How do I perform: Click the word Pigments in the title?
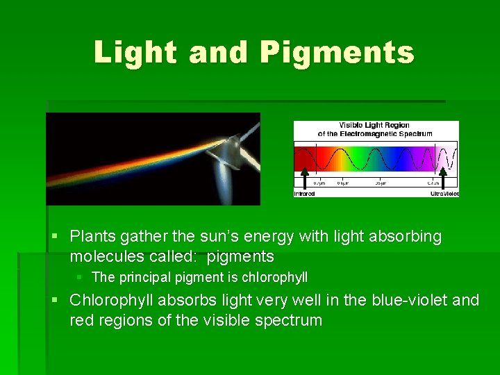coord(337,53)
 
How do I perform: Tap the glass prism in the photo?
coord(231,152)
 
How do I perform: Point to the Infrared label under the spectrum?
coord(304,194)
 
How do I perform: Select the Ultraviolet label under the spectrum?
coord(444,194)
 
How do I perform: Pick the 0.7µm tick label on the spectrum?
coord(319,183)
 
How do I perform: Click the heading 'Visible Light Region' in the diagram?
coord(375,126)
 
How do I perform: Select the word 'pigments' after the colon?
coord(240,257)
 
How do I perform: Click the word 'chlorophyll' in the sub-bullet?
coord(274,278)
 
